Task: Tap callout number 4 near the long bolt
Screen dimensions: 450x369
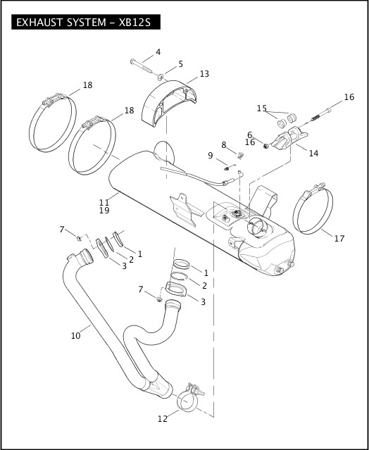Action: point(158,52)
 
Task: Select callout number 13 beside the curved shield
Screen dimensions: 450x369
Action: point(204,74)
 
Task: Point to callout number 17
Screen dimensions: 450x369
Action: point(339,239)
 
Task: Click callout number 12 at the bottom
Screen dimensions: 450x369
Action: point(163,419)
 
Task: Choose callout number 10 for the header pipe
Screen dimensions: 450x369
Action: point(75,336)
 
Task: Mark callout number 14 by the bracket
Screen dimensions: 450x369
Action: point(313,153)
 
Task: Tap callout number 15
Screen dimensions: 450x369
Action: point(262,108)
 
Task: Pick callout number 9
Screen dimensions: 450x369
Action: point(210,155)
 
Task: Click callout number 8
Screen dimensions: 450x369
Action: point(224,144)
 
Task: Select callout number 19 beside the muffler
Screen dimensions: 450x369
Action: point(104,211)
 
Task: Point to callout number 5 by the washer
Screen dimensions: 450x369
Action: point(180,64)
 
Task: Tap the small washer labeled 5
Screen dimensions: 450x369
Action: point(162,76)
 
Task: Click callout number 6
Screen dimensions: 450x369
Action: point(249,135)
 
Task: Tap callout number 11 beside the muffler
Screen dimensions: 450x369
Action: point(104,202)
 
